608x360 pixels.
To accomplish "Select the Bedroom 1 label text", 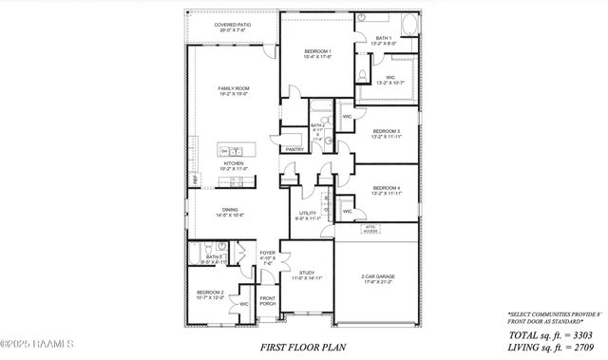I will tap(317, 53).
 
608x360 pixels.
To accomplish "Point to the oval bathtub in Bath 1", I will tap(408, 23).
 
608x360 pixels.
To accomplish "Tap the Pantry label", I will tap(294, 149).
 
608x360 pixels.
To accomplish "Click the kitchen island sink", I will tap(227, 151).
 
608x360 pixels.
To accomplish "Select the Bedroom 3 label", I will tap(385, 132).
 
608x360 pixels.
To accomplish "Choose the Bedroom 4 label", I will tap(385, 190).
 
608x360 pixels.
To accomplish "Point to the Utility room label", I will tap(308, 216).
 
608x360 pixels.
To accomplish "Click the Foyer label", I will tap(267, 255).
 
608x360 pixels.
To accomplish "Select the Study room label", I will tap(307, 275).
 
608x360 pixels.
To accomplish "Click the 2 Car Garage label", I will tap(378, 279).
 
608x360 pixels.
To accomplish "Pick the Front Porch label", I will tap(268, 303).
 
